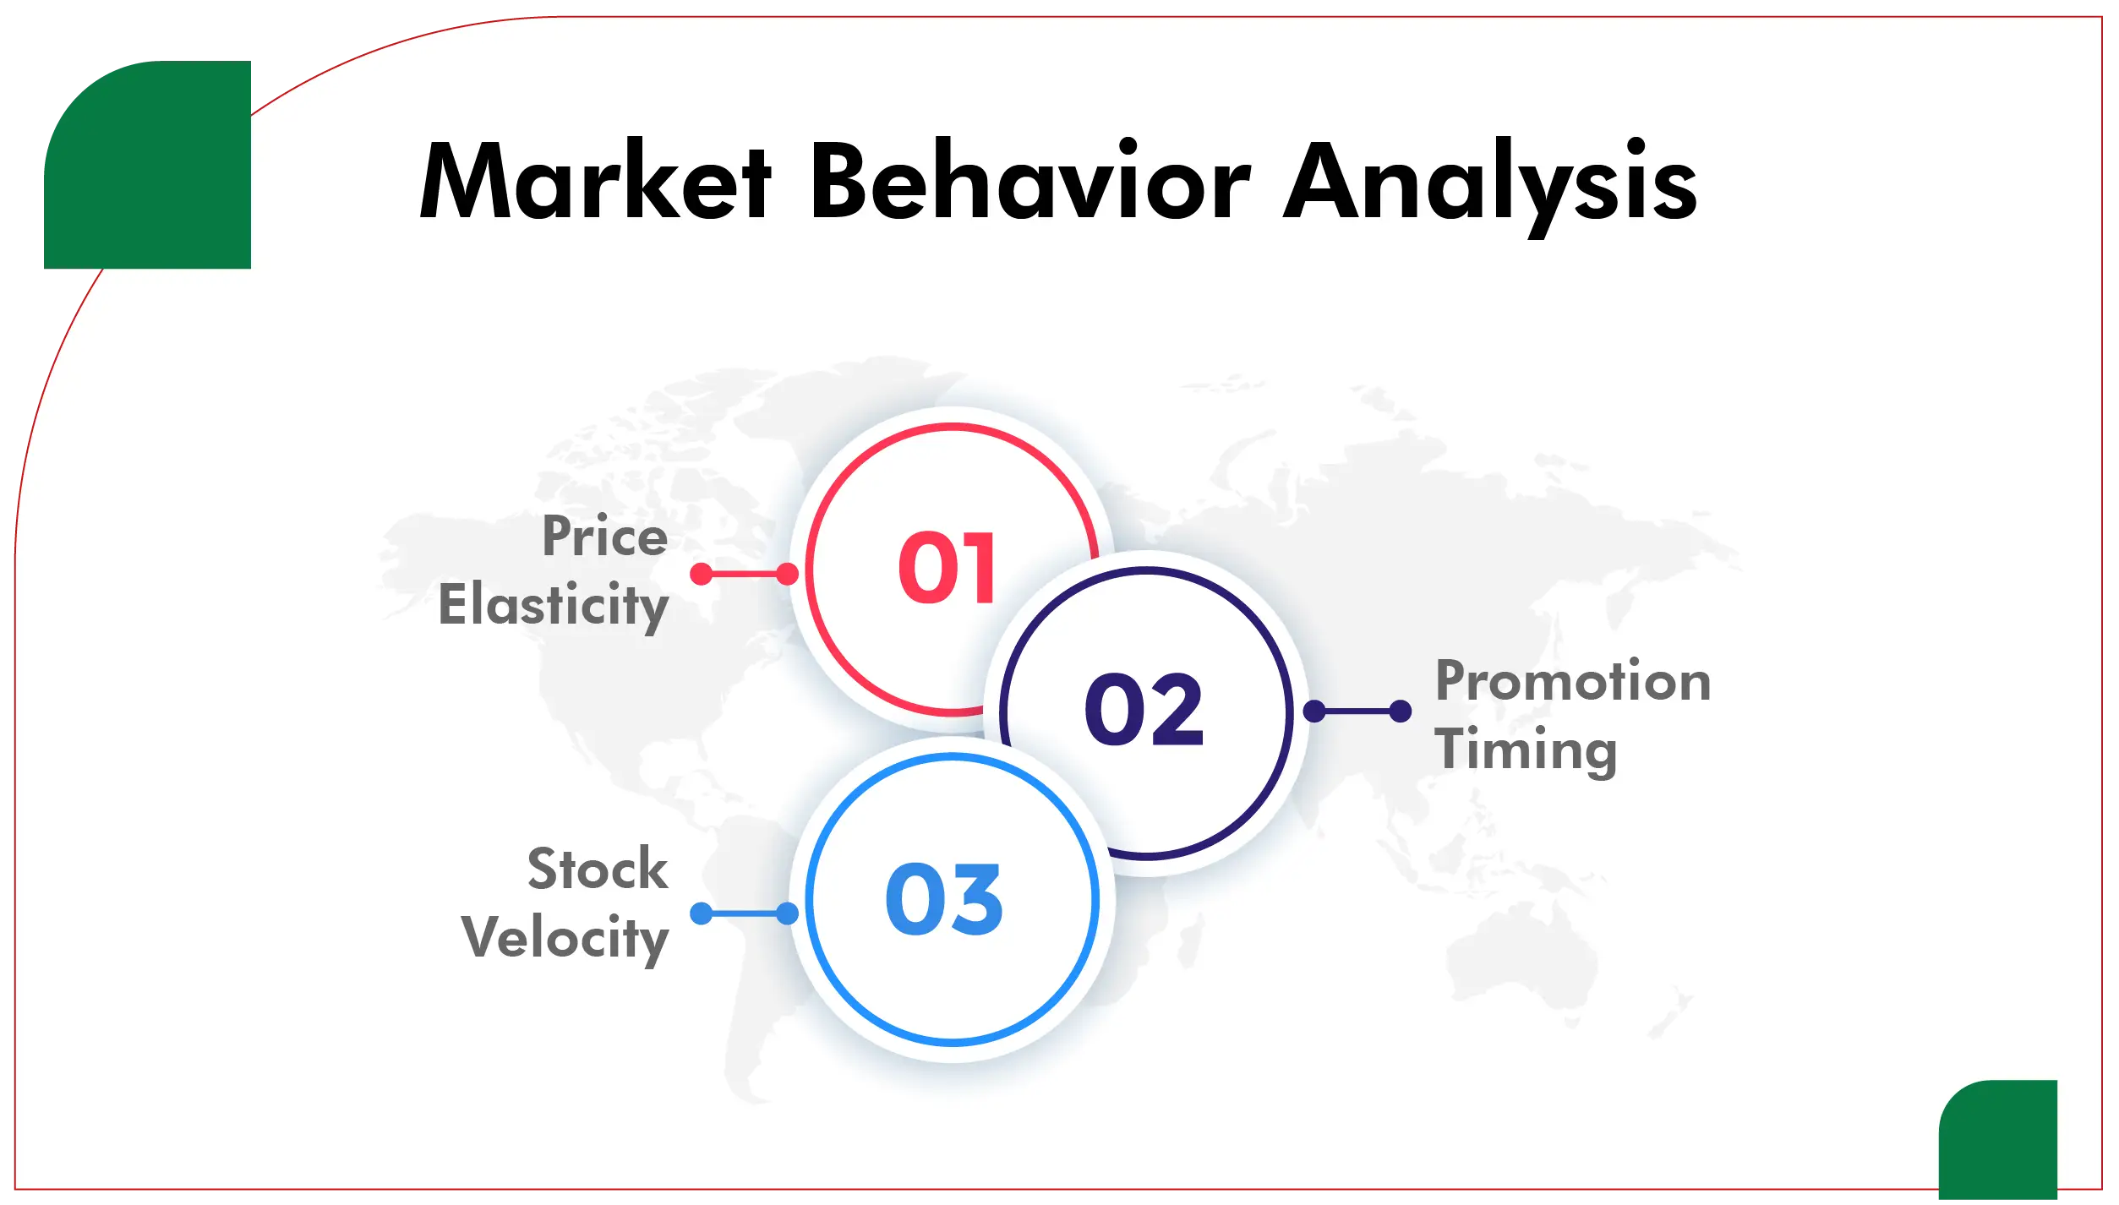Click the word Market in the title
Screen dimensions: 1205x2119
point(594,181)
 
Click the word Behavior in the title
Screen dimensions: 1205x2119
point(1029,181)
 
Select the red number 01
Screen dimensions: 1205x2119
point(948,569)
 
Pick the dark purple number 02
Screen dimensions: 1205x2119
point(1144,710)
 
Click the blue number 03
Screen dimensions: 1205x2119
point(944,900)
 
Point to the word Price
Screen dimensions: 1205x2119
point(604,536)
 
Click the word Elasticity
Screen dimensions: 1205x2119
point(554,605)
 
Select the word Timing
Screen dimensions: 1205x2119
point(1526,750)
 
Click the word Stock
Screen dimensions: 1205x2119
point(598,869)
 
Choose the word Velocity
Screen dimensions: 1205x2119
point(565,938)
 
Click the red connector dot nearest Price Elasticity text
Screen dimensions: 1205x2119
point(701,574)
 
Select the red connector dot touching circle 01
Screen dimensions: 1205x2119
point(787,574)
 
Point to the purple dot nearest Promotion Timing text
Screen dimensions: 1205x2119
point(1401,711)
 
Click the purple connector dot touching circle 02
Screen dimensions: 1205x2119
point(1314,711)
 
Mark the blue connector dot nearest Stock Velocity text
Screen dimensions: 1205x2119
point(701,913)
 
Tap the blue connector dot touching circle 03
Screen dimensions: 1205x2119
point(787,913)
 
